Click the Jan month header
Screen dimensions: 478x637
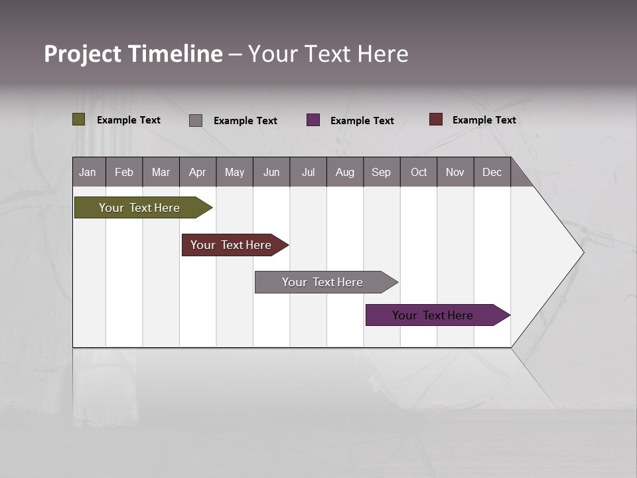click(88, 172)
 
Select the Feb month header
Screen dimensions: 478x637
click(124, 172)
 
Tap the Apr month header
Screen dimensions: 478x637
click(198, 172)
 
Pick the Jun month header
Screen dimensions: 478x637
click(271, 172)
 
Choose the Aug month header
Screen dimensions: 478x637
click(345, 172)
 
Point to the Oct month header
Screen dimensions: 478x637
click(419, 172)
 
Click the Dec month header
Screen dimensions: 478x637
click(492, 172)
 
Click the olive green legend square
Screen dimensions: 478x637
click(79, 119)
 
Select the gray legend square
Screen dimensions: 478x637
click(196, 120)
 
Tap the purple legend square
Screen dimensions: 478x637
click(313, 120)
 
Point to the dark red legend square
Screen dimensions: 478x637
click(436, 119)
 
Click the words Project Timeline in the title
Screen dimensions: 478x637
click(133, 54)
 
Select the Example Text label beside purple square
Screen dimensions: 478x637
click(362, 121)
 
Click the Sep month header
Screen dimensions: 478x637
click(382, 172)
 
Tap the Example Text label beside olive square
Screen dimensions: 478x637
click(129, 120)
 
